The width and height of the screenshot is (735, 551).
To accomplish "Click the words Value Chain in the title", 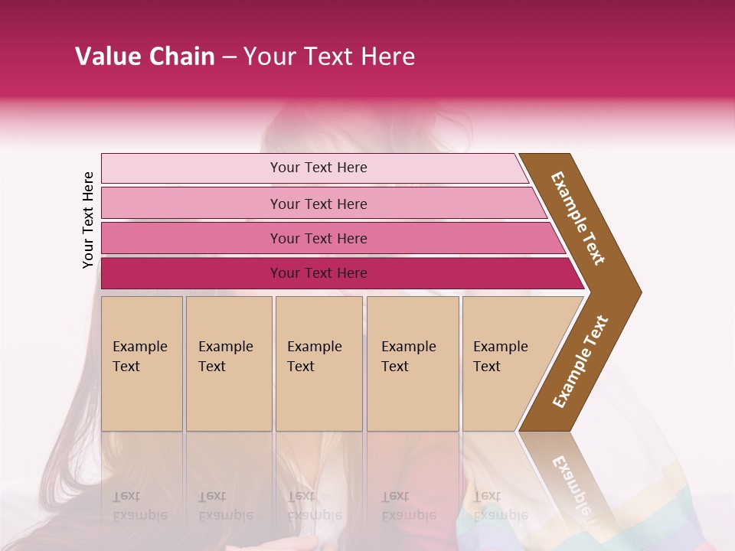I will point(145,57).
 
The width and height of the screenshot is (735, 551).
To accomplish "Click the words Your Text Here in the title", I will point(328,57).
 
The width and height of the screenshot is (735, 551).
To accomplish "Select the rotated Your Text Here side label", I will point(88,220).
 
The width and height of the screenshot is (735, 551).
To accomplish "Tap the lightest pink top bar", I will point(191,168).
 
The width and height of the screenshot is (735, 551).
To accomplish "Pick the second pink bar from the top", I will point(191,204).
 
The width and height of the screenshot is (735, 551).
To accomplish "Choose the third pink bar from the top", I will point(191,238).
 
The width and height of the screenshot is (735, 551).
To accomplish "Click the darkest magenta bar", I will point(191,273).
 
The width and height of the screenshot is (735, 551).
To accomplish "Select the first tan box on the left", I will point(142,398).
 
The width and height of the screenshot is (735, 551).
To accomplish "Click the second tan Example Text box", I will point(229,398).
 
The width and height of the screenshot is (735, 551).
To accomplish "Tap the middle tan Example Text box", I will point(318,398).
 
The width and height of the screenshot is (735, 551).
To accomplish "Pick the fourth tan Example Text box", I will point(413,398).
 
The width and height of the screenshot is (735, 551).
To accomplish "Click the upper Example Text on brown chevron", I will point(578,218).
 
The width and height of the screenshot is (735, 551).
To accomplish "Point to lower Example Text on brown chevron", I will point(580,361).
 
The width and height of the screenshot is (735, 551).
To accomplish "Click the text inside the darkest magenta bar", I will point(318,273).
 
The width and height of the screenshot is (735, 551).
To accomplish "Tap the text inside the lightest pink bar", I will point(318,168).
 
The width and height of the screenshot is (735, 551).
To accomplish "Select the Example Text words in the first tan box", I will point(139,357).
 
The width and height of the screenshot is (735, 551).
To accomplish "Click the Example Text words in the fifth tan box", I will point(500,357).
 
